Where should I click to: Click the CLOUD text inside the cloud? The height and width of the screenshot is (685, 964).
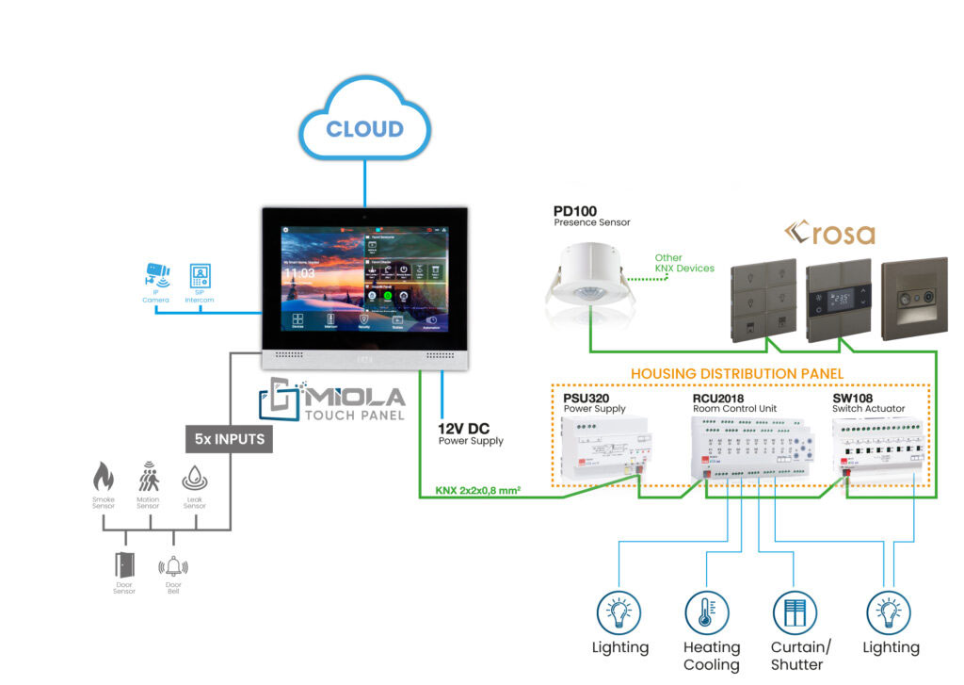click(x=364, y=129)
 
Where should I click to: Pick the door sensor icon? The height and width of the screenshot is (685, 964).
click(x=124, y=564)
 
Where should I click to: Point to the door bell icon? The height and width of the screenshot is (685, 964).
click(x=173, y=565)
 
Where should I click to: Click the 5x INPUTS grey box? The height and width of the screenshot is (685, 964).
click(x=229, y=437)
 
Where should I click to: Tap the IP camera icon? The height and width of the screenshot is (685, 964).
click(x=156, y=274)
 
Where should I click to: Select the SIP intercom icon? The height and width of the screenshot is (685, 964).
click(x=199, y=274)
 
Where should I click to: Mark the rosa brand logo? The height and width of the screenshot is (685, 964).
click(x=831, y=234)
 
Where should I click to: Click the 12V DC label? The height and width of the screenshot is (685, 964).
click(x=463, y=429)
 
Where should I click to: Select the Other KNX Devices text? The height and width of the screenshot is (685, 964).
click(x=683, y=263)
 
